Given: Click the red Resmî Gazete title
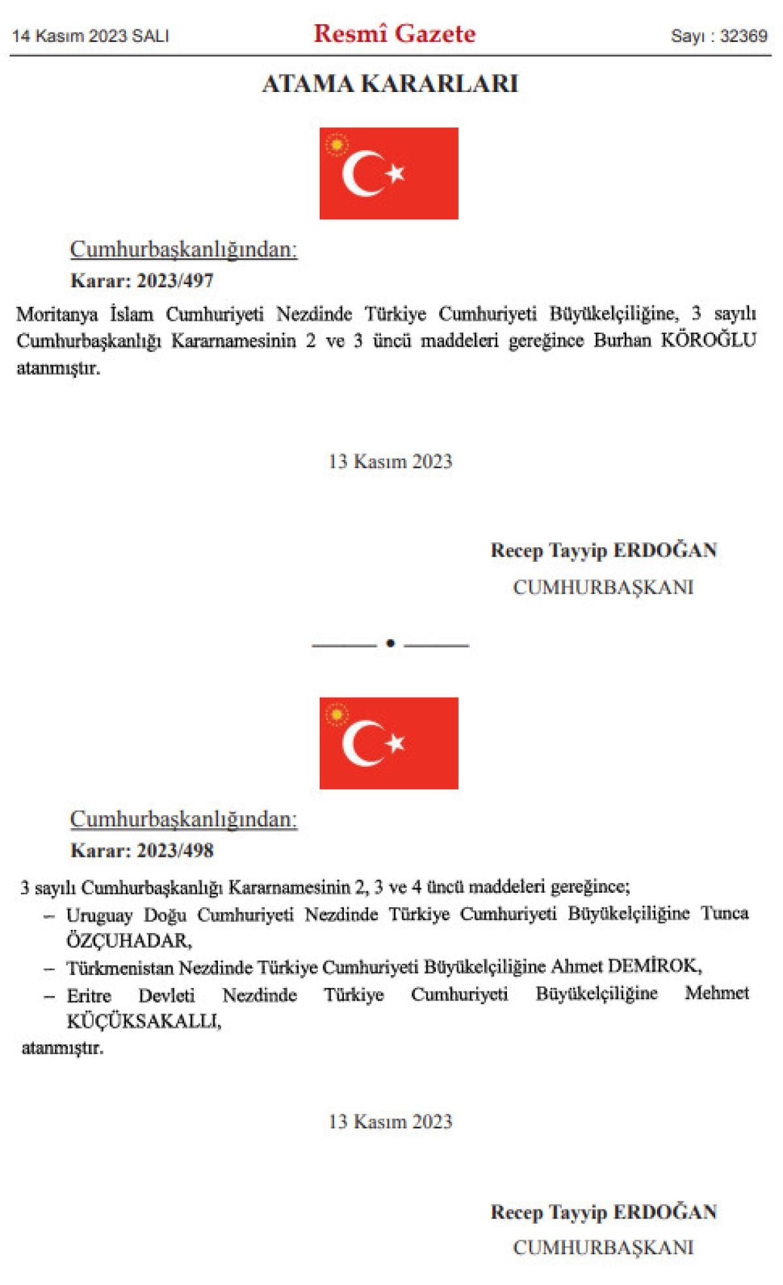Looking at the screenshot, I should pos(395,34).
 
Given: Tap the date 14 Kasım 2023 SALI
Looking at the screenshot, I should pos(91,36).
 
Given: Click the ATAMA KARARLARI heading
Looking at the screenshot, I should pos(390,84).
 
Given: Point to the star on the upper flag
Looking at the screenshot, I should pos(395,174).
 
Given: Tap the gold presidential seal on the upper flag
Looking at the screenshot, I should pos(337,144).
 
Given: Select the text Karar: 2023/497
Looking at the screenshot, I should pos(142,281).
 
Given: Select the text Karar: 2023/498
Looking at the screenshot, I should pos(142,850).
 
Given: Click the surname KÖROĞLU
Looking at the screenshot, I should pos(709,341).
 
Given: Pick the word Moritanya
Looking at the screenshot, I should pos(57,315).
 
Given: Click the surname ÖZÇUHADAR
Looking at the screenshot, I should pos(129,941).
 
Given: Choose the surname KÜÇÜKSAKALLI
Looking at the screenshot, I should pos(144,1021).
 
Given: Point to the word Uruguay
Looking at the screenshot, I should pos(99,915).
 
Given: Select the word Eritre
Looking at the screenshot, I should pos(89,995).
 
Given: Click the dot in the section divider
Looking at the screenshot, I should pos(390,643).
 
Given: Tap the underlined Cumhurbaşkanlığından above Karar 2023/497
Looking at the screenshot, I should pos(183,249).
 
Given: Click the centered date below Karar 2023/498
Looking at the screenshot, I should pos(390,1121).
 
